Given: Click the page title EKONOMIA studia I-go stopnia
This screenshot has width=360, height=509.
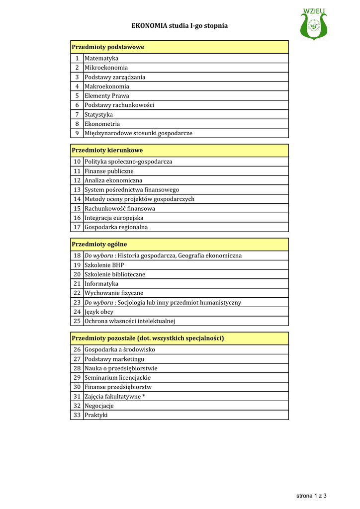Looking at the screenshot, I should point(180,25).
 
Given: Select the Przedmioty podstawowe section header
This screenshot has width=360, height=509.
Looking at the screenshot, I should point(108,47).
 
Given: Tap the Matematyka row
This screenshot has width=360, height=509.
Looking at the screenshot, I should point(101,58).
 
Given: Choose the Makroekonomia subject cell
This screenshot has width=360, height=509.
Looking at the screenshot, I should point(106,86).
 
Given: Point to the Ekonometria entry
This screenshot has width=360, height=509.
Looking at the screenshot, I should point(102,124).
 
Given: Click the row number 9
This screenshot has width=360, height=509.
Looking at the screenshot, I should point(77,133).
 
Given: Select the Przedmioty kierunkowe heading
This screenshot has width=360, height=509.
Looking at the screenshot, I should point(107,150).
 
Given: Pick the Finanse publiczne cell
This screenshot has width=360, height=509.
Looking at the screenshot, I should point(109,171).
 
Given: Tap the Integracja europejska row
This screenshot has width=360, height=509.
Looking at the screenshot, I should point(114,218).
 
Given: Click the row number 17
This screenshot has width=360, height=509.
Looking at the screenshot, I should point(77,227).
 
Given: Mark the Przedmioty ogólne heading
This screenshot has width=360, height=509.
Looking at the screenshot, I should point(99,244).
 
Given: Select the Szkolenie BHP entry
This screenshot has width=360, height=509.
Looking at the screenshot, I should point(104,265).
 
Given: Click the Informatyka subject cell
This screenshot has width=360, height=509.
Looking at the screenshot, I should point(101,284).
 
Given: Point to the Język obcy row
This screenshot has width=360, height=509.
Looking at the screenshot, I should point(99,312).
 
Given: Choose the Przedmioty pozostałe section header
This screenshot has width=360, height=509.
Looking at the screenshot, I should point(148,338).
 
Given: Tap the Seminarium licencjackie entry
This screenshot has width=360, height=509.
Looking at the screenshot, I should point(117,378).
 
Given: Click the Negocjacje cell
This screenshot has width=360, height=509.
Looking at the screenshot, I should point(99,406).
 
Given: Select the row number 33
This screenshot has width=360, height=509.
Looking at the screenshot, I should point(77,415).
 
